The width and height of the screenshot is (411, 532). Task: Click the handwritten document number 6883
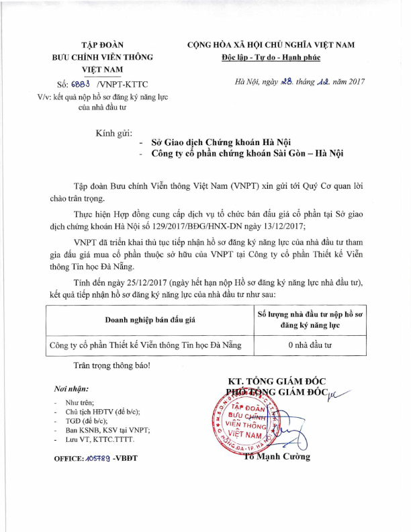click(81, 85)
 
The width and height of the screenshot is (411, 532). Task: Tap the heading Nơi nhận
click(70, 389)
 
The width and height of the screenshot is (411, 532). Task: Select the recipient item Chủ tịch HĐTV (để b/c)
click(102, 411)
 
